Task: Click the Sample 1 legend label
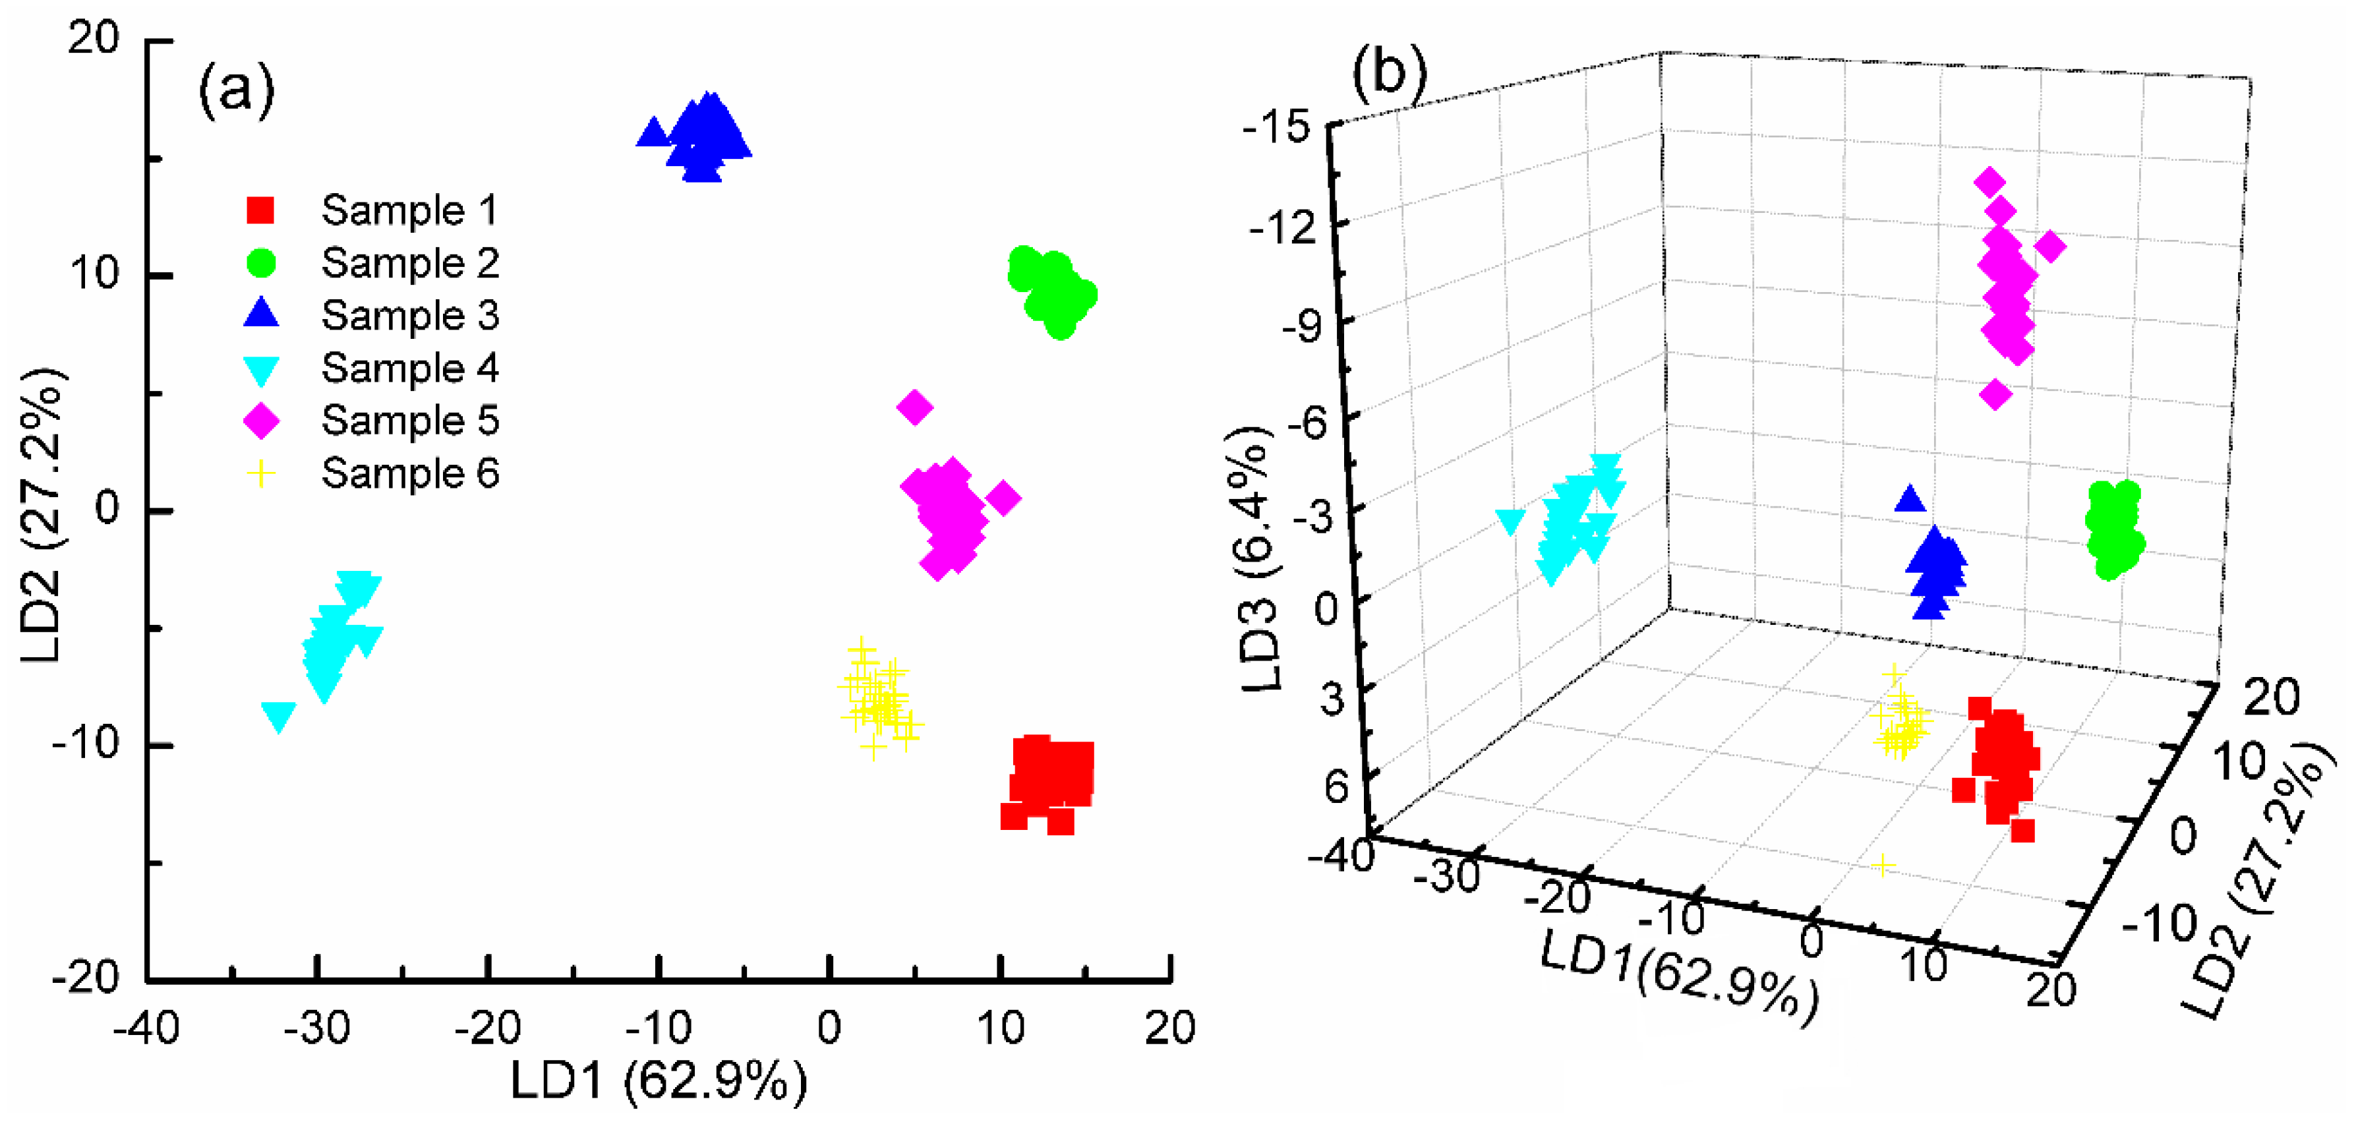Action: (x=409, y=210)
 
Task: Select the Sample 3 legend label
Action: (x=409, y=316)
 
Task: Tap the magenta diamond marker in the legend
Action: (x=260, y=421)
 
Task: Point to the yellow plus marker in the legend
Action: (x=260, y=474)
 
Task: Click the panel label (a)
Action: (x=236, y=90)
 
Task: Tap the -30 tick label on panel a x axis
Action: (x=316, y=1030)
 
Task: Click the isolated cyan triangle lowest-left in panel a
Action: (x=278, y=716)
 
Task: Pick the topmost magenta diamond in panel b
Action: (x=1989, y=181)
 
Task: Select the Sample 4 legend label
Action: (x=409, y=369)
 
